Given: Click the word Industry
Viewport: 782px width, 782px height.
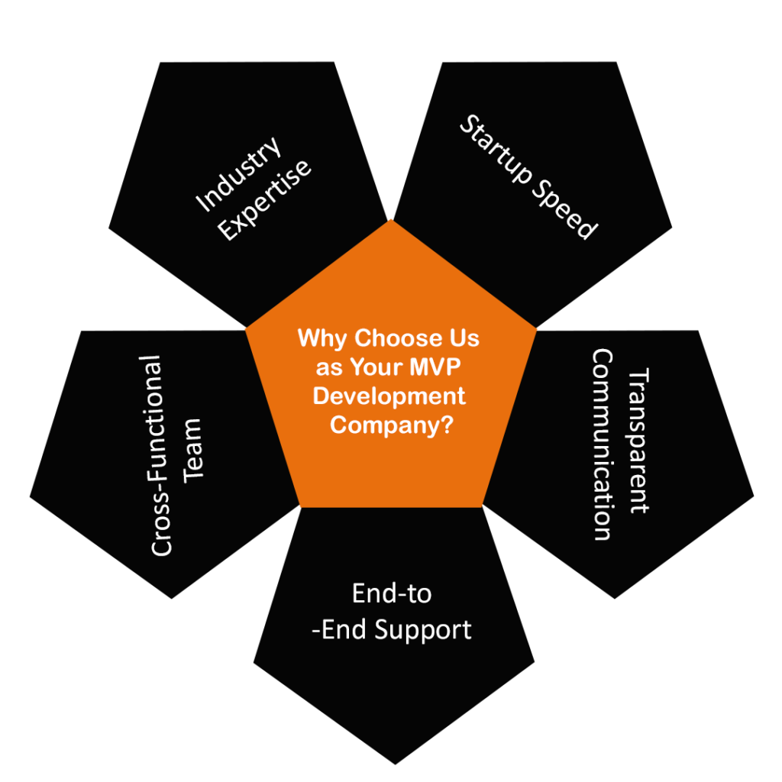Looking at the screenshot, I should point(239,176).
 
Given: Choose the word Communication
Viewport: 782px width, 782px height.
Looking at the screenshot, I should point(603,444).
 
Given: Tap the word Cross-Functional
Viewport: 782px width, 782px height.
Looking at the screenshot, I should point(161,455).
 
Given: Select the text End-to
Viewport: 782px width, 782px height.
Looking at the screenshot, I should point(392,593).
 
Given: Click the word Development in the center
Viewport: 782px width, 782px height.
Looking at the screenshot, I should point(389,396).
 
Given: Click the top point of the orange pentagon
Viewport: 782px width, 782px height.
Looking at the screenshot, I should point(391,221).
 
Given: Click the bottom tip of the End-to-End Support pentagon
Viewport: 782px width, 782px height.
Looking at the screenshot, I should point(395,764).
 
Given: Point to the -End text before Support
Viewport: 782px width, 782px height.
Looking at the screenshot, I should point(338,630).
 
